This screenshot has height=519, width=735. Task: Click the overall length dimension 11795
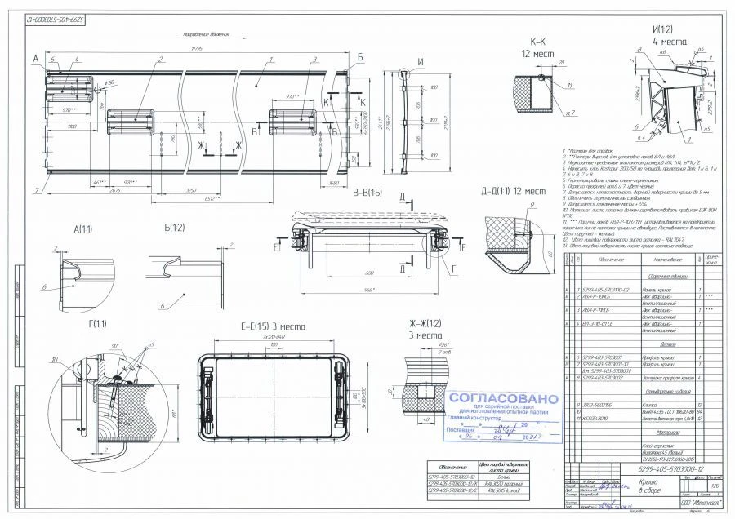point(197,49)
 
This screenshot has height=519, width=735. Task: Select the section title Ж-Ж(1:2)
point(423,324)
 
